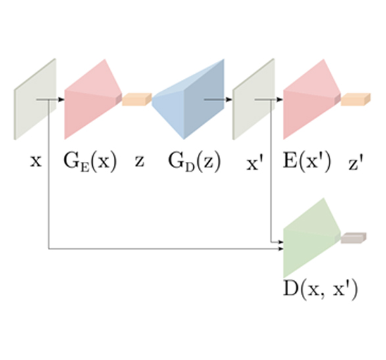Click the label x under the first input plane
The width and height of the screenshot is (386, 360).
[x=36, y=161]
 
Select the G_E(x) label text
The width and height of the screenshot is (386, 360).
[x=90, y=162]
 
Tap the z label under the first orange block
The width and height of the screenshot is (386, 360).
[x=139, y=161]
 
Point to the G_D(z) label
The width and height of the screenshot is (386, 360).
[x=194, y=162]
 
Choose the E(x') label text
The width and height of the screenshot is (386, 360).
[x=306, y=162]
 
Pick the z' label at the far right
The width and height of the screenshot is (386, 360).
[x=356, y=163]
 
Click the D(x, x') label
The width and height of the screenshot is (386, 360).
[x=320, y=290]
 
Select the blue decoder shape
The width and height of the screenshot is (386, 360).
[x=188, y=99]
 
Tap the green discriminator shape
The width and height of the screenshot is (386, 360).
[x=312, y=238]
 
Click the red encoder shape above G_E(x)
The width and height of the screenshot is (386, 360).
[x=93, y=99]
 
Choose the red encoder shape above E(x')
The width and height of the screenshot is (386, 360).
[x=312, y=99]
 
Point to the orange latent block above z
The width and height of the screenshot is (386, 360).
[x=137, y=99]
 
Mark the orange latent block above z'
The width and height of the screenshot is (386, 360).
[x=356, y=99]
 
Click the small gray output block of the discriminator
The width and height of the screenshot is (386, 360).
[x=354, y=238]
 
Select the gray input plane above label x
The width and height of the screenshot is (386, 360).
[x=35, y=99]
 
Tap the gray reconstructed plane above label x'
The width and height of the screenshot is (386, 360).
[x=254, y=99]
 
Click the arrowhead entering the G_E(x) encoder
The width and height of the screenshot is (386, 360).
[x=62, y=99]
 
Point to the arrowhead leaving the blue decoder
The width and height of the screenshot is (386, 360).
[x=229, y=99]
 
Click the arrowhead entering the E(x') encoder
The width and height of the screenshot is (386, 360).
[x=280, y=99]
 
